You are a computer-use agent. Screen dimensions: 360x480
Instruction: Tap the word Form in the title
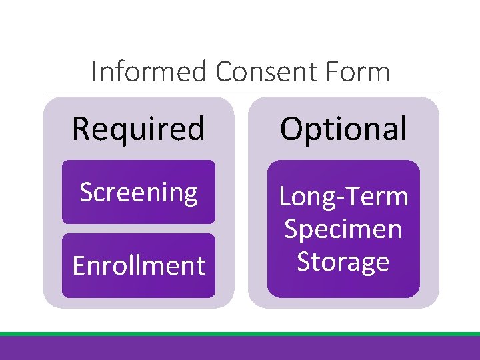tap(363, 71)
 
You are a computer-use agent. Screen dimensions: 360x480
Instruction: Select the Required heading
tap(138, 129)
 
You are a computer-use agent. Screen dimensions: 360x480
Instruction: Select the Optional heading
tap(343, 129)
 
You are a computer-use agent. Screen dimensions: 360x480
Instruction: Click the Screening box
tap(139, 193)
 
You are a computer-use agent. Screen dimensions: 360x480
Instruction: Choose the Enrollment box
tap(139, 265)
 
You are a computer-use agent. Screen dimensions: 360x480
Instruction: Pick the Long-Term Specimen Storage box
tap(343, 229)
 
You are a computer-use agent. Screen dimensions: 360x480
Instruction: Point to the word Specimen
tap(343, 229)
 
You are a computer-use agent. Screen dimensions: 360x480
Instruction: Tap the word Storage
tap(343, 261)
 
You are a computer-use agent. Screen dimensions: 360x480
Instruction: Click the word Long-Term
tap(343, 197)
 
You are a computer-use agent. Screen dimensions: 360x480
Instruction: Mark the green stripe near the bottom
tap(240, 334)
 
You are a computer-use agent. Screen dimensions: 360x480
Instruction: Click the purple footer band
tap(240, 349)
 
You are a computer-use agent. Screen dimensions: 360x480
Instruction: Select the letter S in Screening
tap(86, 193)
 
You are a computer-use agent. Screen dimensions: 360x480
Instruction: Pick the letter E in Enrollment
tap(78, 265)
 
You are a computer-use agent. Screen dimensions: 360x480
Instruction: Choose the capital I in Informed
tap(94, 71)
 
